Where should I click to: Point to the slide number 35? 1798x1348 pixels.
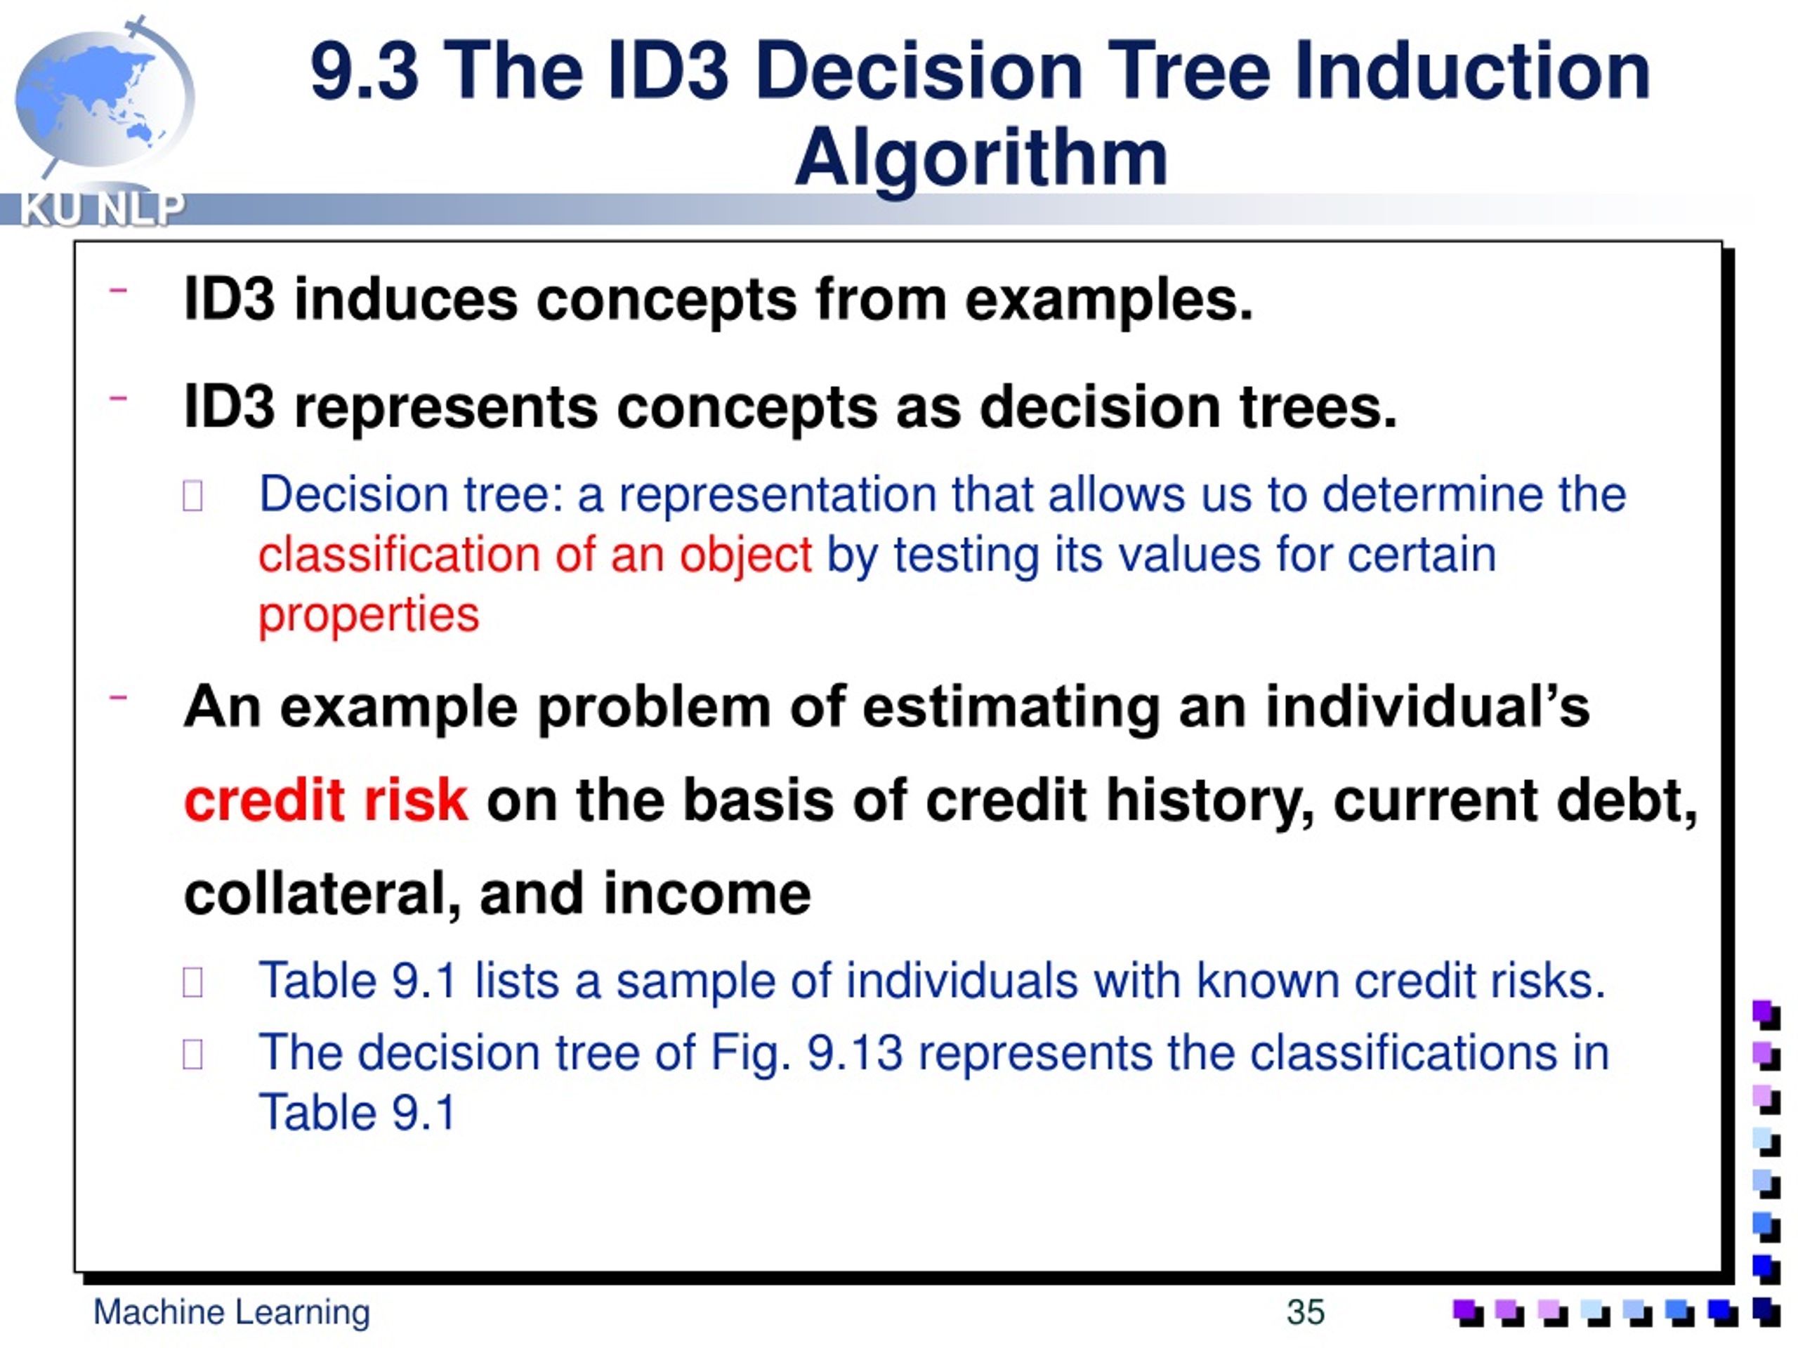[1305, 1311]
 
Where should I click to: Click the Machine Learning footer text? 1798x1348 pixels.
[232, 1311]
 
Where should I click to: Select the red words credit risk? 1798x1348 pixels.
[325, 800]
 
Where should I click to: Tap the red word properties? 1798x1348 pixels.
[368, 614]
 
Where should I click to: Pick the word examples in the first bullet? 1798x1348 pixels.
[1108, 300]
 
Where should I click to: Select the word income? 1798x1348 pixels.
[707, 893]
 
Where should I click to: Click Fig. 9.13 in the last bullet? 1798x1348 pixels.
[806, 1053]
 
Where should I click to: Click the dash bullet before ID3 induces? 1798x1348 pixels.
[119, 290]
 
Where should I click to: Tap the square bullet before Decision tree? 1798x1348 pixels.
[192, 496]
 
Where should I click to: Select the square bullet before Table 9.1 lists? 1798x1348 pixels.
[192, 982]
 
